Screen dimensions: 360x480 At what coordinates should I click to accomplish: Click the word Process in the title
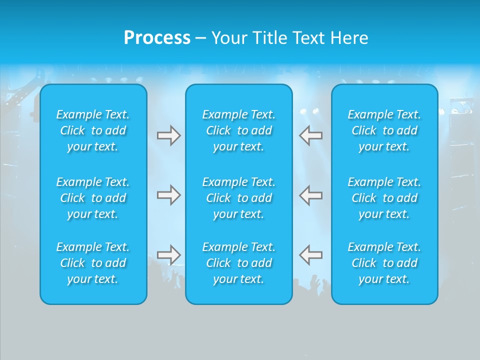[157, 38]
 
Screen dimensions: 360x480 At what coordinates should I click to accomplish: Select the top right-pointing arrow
[169, 135]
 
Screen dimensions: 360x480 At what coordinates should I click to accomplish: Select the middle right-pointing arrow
[169, 195]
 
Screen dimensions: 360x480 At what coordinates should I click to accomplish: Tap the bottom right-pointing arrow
[169, 254]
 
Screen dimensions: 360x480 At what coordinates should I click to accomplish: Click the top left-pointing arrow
[311, 135]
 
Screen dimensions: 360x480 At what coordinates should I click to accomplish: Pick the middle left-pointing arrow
[311, 195]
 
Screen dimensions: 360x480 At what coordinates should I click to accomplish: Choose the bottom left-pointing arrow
[311, 254]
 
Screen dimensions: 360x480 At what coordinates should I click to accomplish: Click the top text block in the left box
[93, 130]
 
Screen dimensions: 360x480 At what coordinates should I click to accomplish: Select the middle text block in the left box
[93, 198]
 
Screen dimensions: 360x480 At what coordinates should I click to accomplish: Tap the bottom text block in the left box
[93, 263]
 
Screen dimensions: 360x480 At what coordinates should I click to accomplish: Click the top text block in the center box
[239, 130]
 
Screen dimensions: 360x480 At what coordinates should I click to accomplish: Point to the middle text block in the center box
[239, 198]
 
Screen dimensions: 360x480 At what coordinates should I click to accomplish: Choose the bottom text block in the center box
[239, 263]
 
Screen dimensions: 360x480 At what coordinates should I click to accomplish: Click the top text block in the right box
[384, 130]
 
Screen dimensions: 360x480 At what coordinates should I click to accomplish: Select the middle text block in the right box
[384, 198]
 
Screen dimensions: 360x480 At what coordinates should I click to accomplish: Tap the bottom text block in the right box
[384, 263]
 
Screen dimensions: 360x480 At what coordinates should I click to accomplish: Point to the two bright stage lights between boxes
[309, 111]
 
